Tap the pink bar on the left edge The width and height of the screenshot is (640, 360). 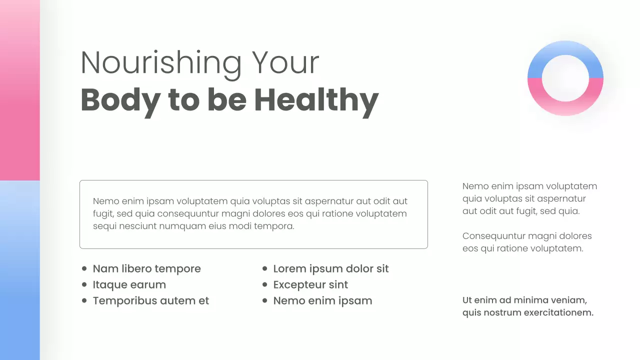19,90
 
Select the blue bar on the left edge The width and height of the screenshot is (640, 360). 19,270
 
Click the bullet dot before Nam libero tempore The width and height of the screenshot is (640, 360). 84,269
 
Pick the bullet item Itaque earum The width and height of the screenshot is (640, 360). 129,285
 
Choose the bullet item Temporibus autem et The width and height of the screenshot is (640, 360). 150,301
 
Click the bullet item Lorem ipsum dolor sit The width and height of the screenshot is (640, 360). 330,269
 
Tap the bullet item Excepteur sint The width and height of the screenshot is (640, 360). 310,285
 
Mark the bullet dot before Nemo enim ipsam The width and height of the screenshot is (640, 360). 264,301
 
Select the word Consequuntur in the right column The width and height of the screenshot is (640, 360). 493,236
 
